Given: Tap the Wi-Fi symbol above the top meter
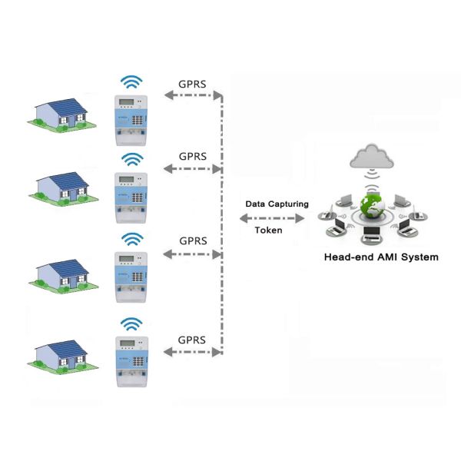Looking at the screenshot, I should pos(133,81).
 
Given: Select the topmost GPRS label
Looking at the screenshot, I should pos(191,81).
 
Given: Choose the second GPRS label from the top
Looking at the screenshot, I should pos(193,156).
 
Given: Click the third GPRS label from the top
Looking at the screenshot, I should pos(193,240).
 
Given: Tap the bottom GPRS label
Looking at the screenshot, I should pos(191,339).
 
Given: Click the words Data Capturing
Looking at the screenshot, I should pos(277,204).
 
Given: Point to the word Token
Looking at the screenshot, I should pos(268,230).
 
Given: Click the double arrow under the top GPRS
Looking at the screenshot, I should pos(192,96).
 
